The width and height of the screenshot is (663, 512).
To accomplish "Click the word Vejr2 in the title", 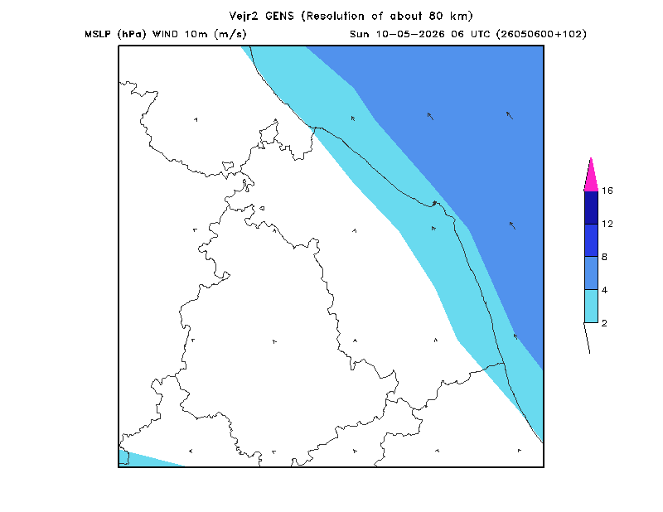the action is click(244, 16).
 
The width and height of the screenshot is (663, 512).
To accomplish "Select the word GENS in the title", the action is click(279, 16).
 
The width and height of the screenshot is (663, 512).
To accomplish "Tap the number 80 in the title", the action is click(436, 16).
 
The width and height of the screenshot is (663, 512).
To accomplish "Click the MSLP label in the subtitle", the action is click(98, 34).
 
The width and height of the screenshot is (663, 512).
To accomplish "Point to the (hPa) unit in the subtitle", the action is click(132, 34).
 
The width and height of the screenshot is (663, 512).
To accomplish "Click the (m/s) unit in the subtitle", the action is click(230, 34).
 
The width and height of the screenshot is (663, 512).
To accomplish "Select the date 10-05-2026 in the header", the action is click(410, 34).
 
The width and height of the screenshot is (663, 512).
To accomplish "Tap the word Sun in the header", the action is click(360, 34).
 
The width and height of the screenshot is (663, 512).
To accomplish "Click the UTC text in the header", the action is click(480, 34).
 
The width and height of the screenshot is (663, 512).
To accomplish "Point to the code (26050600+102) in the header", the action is click(541, 34).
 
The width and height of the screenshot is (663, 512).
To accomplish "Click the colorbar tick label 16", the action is click(607, 191).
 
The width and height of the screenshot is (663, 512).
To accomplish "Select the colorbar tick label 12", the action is click(607, 224).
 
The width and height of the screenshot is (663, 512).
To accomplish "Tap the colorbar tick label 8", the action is click(604, 257).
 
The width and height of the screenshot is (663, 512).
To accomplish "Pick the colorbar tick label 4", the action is click(604, 290).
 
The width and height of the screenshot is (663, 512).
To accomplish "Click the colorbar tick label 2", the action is click(604, 323).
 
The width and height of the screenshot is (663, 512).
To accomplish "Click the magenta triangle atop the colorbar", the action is click(591, 177).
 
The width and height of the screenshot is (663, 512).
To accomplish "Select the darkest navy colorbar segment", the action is click(591, 208).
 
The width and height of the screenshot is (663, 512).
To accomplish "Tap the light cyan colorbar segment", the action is click(591, 306).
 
